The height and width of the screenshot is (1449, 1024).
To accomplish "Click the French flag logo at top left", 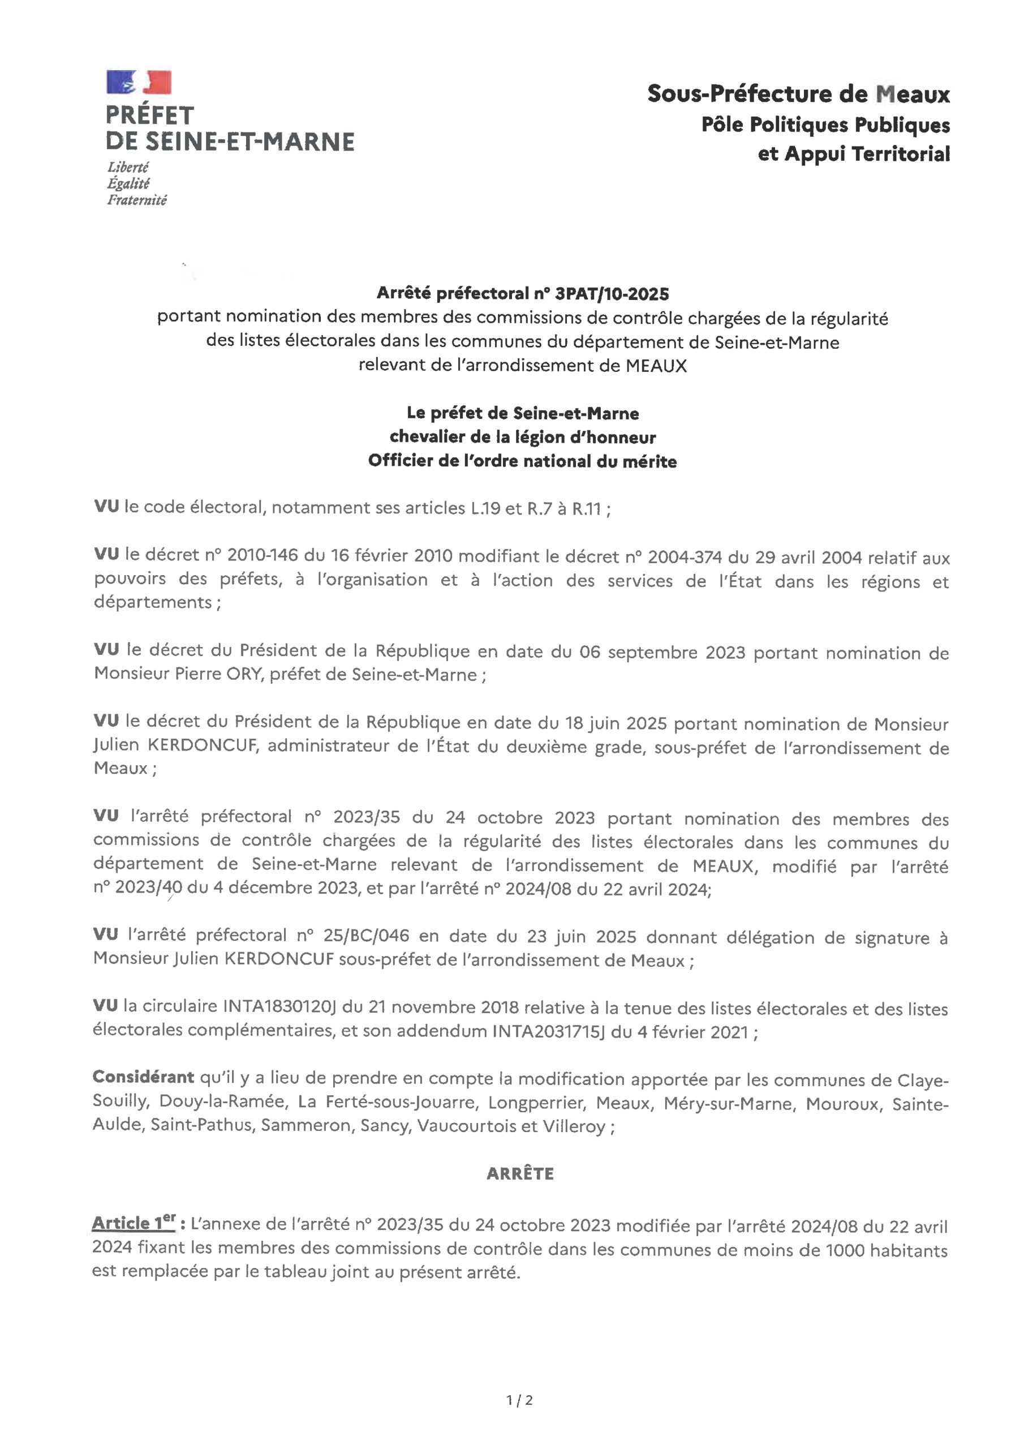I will (x=139, y=83).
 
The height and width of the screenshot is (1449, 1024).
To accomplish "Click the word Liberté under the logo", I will (x=128, y=167).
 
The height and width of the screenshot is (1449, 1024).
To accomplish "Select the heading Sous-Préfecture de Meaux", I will (x=798, y=94).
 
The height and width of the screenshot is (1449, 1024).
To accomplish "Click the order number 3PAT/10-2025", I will (x=612, y=293).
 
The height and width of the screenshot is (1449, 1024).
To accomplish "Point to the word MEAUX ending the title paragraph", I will (x=656, y=366).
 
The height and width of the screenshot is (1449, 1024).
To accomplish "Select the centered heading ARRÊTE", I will (x=520, y=1174).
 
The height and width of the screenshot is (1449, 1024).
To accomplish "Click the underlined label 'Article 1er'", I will (x=133, y=1223).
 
